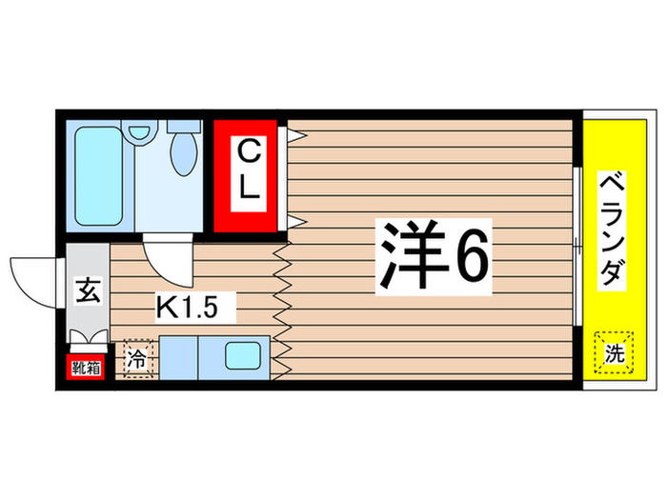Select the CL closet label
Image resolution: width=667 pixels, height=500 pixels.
coord(248,170)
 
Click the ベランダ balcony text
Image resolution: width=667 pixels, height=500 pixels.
coord(611,228)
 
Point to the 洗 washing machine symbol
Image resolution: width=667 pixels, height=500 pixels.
coord(614,354)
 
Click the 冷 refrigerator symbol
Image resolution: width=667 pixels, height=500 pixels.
coord(137,360)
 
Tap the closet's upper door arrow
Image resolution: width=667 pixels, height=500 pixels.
coord(294,135)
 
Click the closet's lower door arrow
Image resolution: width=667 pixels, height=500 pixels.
coord(294,223)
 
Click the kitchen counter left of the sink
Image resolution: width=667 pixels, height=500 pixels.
coord(177,358)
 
